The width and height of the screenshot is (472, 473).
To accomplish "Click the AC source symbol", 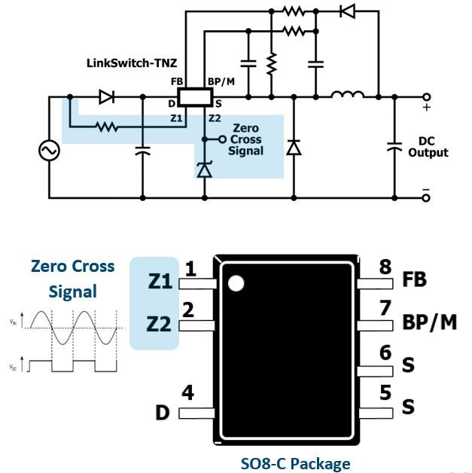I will pos(50,151).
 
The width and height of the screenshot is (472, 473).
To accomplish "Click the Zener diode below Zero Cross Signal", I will pos(204,170).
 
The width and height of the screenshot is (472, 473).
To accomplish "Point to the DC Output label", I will pos(428,147).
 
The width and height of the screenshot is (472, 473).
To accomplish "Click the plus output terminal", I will pos(426,97).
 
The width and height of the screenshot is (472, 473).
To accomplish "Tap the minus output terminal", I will pos(426,197).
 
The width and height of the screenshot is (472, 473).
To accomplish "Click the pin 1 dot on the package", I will pos(236,283).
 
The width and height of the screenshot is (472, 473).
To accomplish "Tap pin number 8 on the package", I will pos(385,267).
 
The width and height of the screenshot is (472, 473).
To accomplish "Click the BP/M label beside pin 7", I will pos(428,322).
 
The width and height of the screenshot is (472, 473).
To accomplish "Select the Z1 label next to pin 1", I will pos(159,282).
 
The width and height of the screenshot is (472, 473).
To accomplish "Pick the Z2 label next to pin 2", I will pos(159,325).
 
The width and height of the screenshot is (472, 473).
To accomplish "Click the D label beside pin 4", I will pos(163,413).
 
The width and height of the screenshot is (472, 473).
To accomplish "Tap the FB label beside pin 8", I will pos(414,279).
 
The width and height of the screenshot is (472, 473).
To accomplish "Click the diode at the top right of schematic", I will pos(347,11).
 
